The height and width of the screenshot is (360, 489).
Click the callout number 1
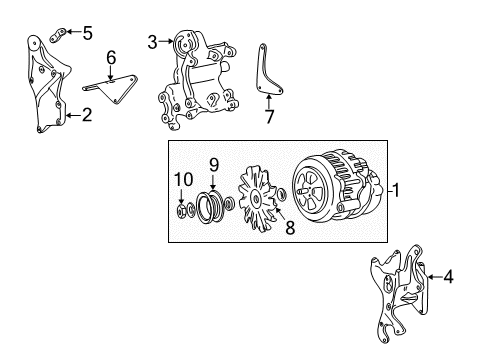click(397, 190)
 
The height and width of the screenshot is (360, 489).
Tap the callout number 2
click(87, 115)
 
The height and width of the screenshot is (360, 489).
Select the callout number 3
click(152, 41)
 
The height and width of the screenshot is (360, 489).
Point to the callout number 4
click(448, 277)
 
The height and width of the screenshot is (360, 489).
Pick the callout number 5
click(87, 33)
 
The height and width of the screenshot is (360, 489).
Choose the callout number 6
click(111, 57)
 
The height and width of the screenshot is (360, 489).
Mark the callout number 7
click(268, 117)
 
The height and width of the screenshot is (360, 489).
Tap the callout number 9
click(213, 164)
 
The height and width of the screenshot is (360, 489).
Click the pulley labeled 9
click(209, 208)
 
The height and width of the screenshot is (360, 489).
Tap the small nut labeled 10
click(182, 210)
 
